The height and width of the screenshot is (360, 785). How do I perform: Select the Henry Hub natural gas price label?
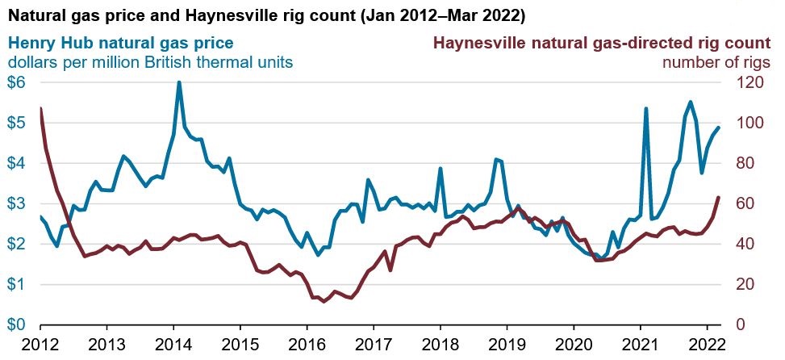click(122, 43)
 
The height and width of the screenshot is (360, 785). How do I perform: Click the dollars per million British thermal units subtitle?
click(150, 61)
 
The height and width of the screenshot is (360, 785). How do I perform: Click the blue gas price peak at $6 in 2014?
click(178, 82)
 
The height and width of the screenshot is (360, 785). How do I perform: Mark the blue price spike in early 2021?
click(645, 108)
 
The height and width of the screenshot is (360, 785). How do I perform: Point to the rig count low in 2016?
click(324, 301)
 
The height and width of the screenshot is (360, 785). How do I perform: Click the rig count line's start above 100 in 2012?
click(40, 108)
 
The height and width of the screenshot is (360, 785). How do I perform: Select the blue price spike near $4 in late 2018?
click(496, 160)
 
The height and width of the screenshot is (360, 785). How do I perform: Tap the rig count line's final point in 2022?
click(718, 198)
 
